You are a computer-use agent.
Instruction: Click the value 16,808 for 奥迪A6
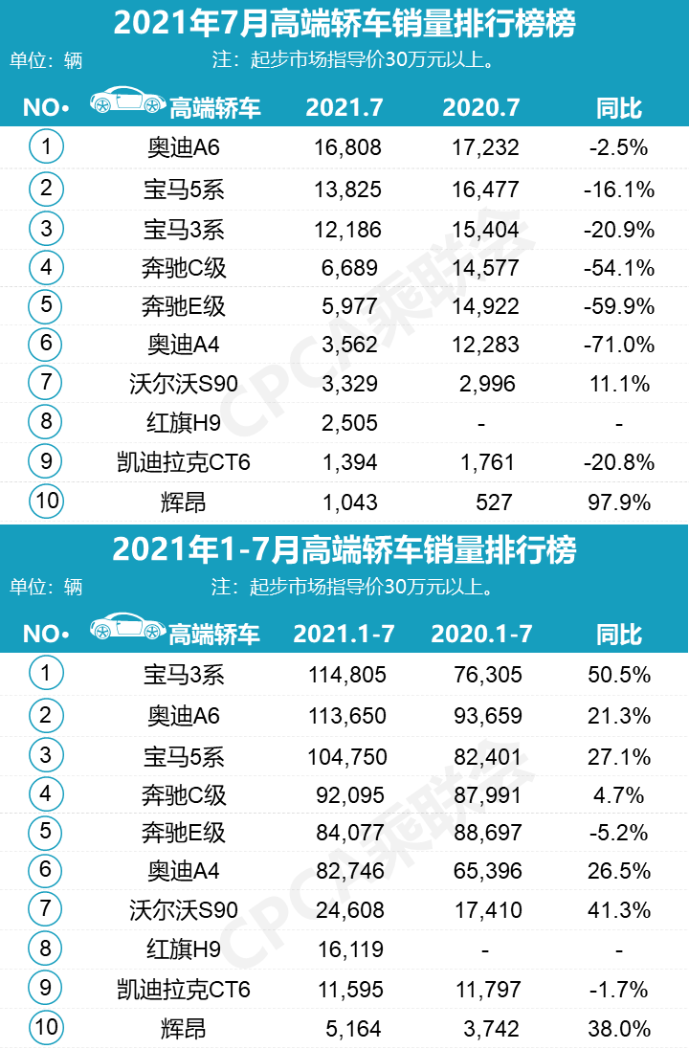pos(347,147)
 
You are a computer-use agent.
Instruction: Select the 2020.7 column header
pos(481,107)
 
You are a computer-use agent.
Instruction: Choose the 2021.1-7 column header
pos(344,634)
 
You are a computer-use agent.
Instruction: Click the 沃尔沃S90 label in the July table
pos(183,385)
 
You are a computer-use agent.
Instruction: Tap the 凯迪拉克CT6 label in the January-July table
pos(183,989)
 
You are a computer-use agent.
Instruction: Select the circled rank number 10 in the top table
pos(46,501)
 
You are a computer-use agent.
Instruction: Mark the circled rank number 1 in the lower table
pos(46,674)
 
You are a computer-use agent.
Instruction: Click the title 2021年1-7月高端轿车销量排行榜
pos(344,551)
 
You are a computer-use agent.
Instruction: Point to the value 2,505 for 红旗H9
pos(347,423)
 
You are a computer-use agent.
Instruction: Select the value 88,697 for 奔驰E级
pos(487,832)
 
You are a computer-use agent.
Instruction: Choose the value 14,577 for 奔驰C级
pos(485,268)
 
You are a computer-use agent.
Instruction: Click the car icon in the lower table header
pos(127,628)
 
